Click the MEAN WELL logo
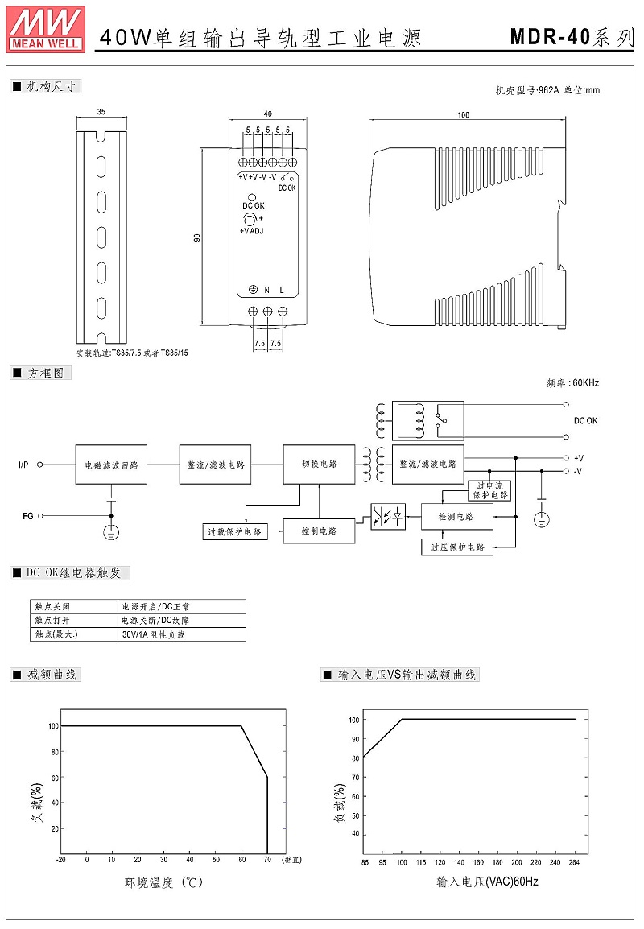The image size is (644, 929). (x=46, y=28)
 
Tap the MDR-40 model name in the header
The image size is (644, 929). (x=551, y=37)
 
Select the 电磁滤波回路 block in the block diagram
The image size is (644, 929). (x=111, y=465)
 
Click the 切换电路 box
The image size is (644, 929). (x=320, y=464)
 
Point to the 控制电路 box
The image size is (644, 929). (x=320, y=531)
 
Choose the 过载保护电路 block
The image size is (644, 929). (x=234, y=531)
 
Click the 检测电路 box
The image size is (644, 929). (x=456, y=517)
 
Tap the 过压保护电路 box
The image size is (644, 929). (x=457, y=547)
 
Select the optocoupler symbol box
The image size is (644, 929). (x=388, y=517)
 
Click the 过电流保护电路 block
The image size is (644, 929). (x=489, y=490)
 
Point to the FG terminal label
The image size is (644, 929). (x=28, y=516)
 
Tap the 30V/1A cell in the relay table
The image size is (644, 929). (x=154, y=634)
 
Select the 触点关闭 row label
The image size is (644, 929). (x=52, y=607)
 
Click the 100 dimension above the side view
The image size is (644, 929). (x=464, y=115)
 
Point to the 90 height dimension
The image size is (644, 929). (x=196, y=237)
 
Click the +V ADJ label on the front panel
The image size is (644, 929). (x=251, y=231)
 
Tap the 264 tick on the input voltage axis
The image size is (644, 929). (x=574, y=862)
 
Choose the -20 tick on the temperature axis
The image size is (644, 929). (x=60, y=860)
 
